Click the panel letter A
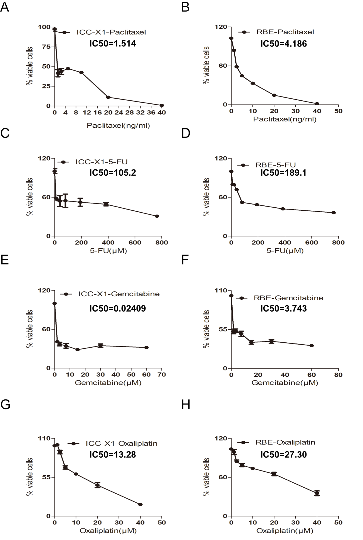coord(5,7)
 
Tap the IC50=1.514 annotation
coord(112,44)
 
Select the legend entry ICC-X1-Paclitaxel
coord(111,32)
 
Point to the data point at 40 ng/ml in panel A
coord(162,105)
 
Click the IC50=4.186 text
coord(284,44)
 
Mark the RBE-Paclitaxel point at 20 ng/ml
coord(274,95)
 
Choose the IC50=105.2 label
coord(112,173)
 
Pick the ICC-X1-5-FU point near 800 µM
coord(157,216)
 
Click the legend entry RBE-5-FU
coord(276,165)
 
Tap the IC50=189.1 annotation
coord(284,173)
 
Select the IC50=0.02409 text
coord(117,308)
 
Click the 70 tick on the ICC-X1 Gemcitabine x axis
coord(162,375)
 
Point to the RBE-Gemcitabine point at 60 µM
coord(311,345)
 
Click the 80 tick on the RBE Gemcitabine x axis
coord(338,375)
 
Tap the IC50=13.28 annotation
coord(112,454)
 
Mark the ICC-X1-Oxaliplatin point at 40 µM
coord(140,504)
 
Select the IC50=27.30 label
coord(284,454)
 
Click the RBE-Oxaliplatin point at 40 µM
coord(317,493)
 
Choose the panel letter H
coord(186,405)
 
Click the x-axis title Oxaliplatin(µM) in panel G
coord(108,531)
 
